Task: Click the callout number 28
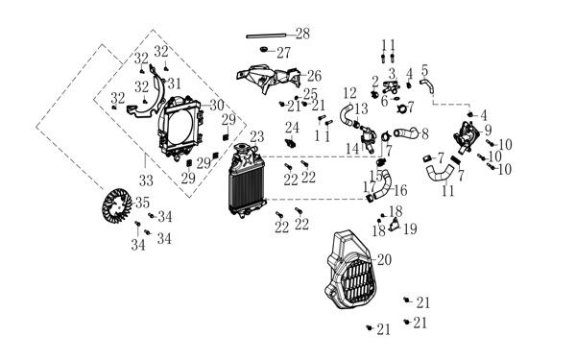302,34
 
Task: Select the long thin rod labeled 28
266,36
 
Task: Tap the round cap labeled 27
263,49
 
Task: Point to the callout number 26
315,76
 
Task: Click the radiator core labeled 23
247,180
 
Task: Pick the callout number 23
257,136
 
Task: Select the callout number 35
142,203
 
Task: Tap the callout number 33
146,180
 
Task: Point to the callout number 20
384,260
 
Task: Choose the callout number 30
217,105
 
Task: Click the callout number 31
175,84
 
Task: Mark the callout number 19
410,228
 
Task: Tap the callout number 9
488,130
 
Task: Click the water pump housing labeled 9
467,136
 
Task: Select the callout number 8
425,134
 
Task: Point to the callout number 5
424,70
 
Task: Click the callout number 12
349,93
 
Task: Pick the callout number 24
293,128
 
